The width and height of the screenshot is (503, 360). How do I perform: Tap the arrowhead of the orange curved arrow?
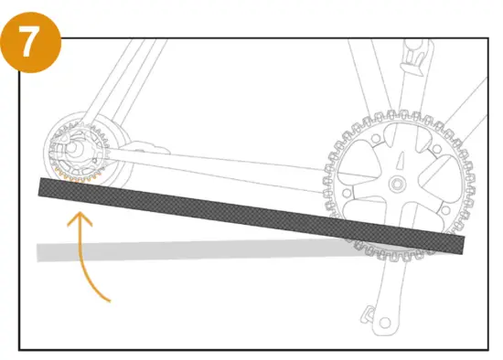80,217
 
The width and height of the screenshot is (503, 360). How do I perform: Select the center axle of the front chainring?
397,184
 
